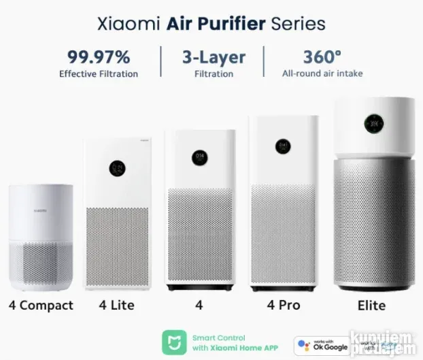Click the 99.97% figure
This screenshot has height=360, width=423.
coord(98,56)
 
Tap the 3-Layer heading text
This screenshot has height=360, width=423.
coord(213,56)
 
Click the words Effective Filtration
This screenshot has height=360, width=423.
coord(98,73)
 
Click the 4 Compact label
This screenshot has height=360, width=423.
coord(41,306)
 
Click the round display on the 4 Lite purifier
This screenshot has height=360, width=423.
coord(117,169)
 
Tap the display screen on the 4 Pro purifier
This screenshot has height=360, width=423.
coord(284,146)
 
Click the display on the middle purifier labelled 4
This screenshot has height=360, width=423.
coord(199,158)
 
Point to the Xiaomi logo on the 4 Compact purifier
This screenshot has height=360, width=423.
coord(40,212)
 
